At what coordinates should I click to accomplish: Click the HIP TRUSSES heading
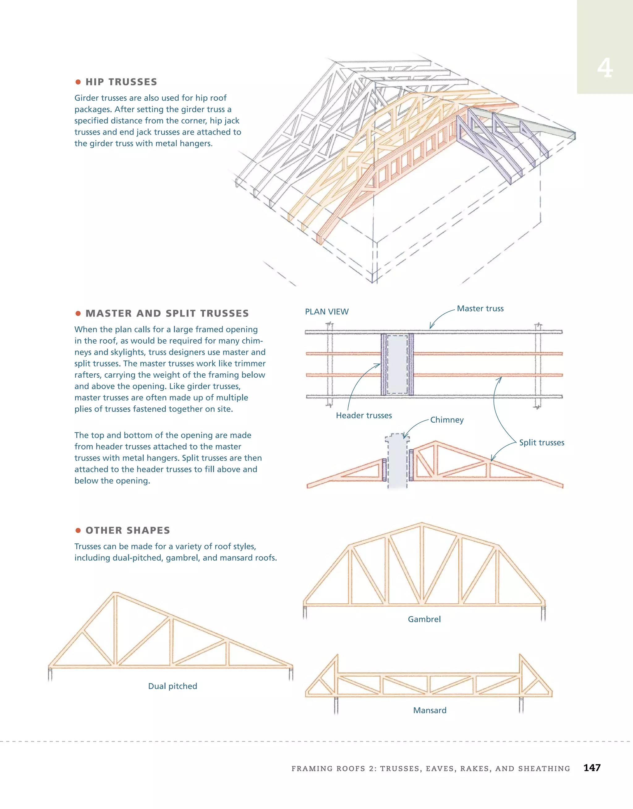[x=121, y=82]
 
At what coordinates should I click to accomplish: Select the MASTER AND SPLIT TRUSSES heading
[x=167, y=313]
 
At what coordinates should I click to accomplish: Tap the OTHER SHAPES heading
[x=128, y=530]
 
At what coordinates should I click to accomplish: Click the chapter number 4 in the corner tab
[x=605, y=69]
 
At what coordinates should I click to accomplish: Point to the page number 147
[x=592, y=768]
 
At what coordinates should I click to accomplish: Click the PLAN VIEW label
[x=327, y=312]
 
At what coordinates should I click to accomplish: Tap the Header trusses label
[x=364, y=416]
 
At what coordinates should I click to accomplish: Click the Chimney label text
[x=447, y=420]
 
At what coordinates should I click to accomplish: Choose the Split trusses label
[x=542, y=443]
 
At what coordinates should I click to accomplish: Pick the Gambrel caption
[x=424, y=619]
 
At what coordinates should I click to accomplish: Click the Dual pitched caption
[x=172, y=686]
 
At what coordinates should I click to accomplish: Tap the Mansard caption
[x=430, y=710]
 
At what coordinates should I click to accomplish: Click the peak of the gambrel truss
[x=422, y=524]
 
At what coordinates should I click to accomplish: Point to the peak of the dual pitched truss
[x=115, y=593]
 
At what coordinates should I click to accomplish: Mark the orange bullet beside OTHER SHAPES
[x=78, y=530]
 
